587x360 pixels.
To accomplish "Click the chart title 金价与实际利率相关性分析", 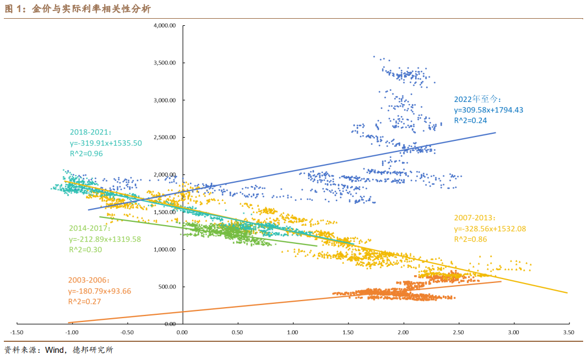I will pos(90,9).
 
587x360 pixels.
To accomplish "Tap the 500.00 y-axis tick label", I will pos(167,287).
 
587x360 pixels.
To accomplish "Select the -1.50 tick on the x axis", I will pos(17,332).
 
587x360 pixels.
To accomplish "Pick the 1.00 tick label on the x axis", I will pos(293,332).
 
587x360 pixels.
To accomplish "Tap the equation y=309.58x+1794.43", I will pos(488,110).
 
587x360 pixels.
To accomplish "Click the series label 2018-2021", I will pos(90,133).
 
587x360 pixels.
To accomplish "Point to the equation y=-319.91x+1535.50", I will pos(105,143).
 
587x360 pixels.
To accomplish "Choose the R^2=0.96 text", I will pos(86,154).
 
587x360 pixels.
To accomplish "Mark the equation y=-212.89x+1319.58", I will pos(105,239).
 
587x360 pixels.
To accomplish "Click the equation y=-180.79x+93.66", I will pos(100,291).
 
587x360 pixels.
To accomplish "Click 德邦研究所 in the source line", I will pos(93,350).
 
